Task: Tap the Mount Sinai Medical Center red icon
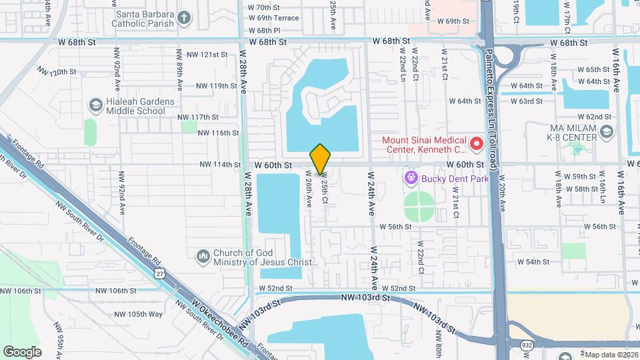477,143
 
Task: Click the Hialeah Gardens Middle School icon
95,105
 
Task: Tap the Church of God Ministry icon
203,256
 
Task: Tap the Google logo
22,351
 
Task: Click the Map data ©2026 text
611,355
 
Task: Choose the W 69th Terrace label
273,18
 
